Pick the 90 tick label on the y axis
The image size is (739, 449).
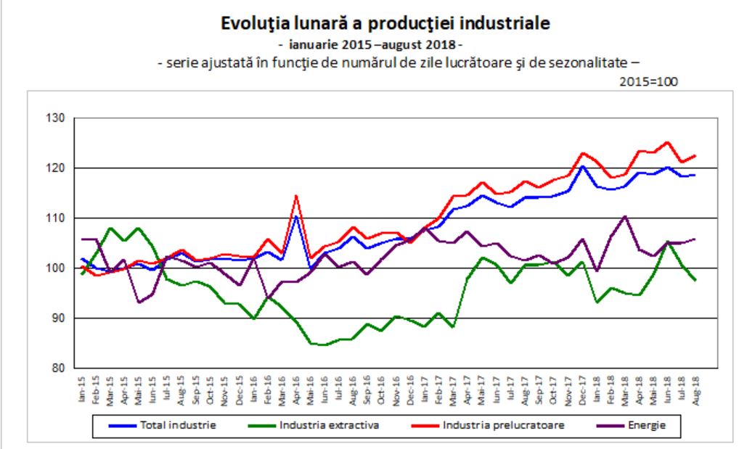tap(57, 318)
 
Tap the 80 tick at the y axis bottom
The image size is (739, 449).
tap(57, 368)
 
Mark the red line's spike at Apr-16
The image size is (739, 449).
tap(295, 195)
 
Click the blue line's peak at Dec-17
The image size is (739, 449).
tap(582, 166)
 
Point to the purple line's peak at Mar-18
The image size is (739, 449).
tap(626, 215)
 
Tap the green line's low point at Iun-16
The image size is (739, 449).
tap(324, 345)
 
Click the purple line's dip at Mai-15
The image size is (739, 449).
tap(138, 302)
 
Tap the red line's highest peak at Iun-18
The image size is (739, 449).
tap(668, 142)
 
